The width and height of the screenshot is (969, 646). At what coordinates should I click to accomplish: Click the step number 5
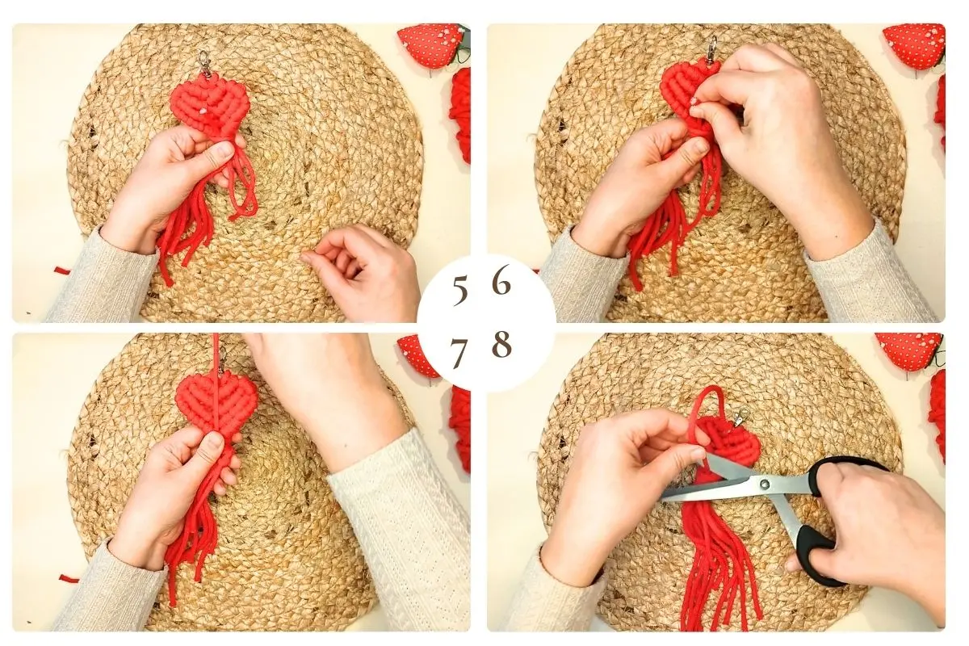point(460,292)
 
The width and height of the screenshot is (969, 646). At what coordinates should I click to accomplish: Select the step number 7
point(459,353)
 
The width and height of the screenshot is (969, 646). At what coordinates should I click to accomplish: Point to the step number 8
point(501,344)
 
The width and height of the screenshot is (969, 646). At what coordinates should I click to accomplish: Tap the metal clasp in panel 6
point(713,48)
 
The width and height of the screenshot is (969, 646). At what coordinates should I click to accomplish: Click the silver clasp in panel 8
point(740,416)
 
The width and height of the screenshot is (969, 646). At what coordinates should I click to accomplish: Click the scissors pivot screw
point(765,484)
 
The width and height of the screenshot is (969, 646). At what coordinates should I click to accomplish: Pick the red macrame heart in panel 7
point(216,405)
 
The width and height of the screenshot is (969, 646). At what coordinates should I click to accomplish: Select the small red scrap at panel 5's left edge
point(63,271)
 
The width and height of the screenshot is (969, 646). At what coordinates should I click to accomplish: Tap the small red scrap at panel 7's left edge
point(69,578)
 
